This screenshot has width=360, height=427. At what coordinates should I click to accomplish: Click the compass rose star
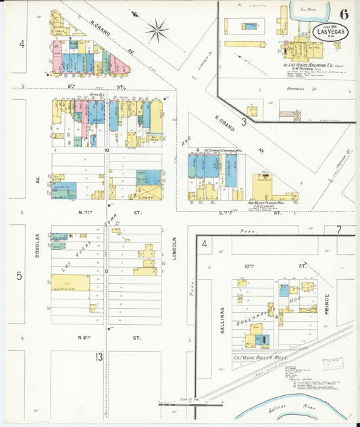pyautogui.click(x=157, y=30)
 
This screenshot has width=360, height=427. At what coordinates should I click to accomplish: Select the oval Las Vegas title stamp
pyautogui.click(x=330, y=31)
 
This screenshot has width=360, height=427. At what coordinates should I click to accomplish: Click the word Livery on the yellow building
pyautogui.click(x=144, y=197)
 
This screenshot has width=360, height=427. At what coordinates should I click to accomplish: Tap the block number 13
pyautogui.click(x=99, y=356)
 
